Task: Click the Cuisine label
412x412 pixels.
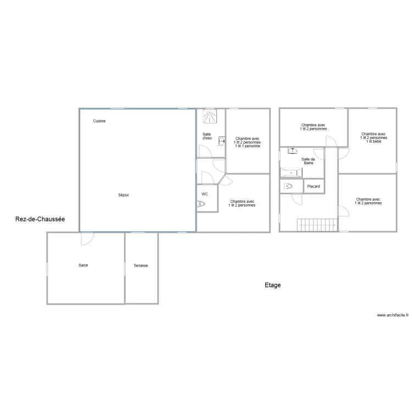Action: (99, 121)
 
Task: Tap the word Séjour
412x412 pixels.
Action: (124, 195)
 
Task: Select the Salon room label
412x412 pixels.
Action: (83, 265)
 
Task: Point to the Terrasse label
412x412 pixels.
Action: (141, 265)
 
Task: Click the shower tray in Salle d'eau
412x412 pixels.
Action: (210, 116)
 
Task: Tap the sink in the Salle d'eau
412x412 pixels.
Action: (222, 141)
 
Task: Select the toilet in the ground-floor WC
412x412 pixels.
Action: (202, 204)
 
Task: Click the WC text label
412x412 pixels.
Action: (204, 194)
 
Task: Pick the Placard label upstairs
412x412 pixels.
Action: (314, 187)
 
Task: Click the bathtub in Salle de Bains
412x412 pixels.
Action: (291, 173)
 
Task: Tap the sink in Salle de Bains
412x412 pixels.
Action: (293, 150)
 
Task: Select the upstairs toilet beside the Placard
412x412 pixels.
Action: (289, 187)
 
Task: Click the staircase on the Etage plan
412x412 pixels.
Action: (317, 225)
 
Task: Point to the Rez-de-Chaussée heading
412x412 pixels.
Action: (40, 219)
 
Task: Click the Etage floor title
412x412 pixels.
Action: (272, 285)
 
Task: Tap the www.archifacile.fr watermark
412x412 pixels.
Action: (393, 315)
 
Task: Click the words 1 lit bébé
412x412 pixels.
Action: (374, 141)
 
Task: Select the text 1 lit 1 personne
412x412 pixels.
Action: (247, 146)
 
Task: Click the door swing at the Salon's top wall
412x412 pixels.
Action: (87, 238)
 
